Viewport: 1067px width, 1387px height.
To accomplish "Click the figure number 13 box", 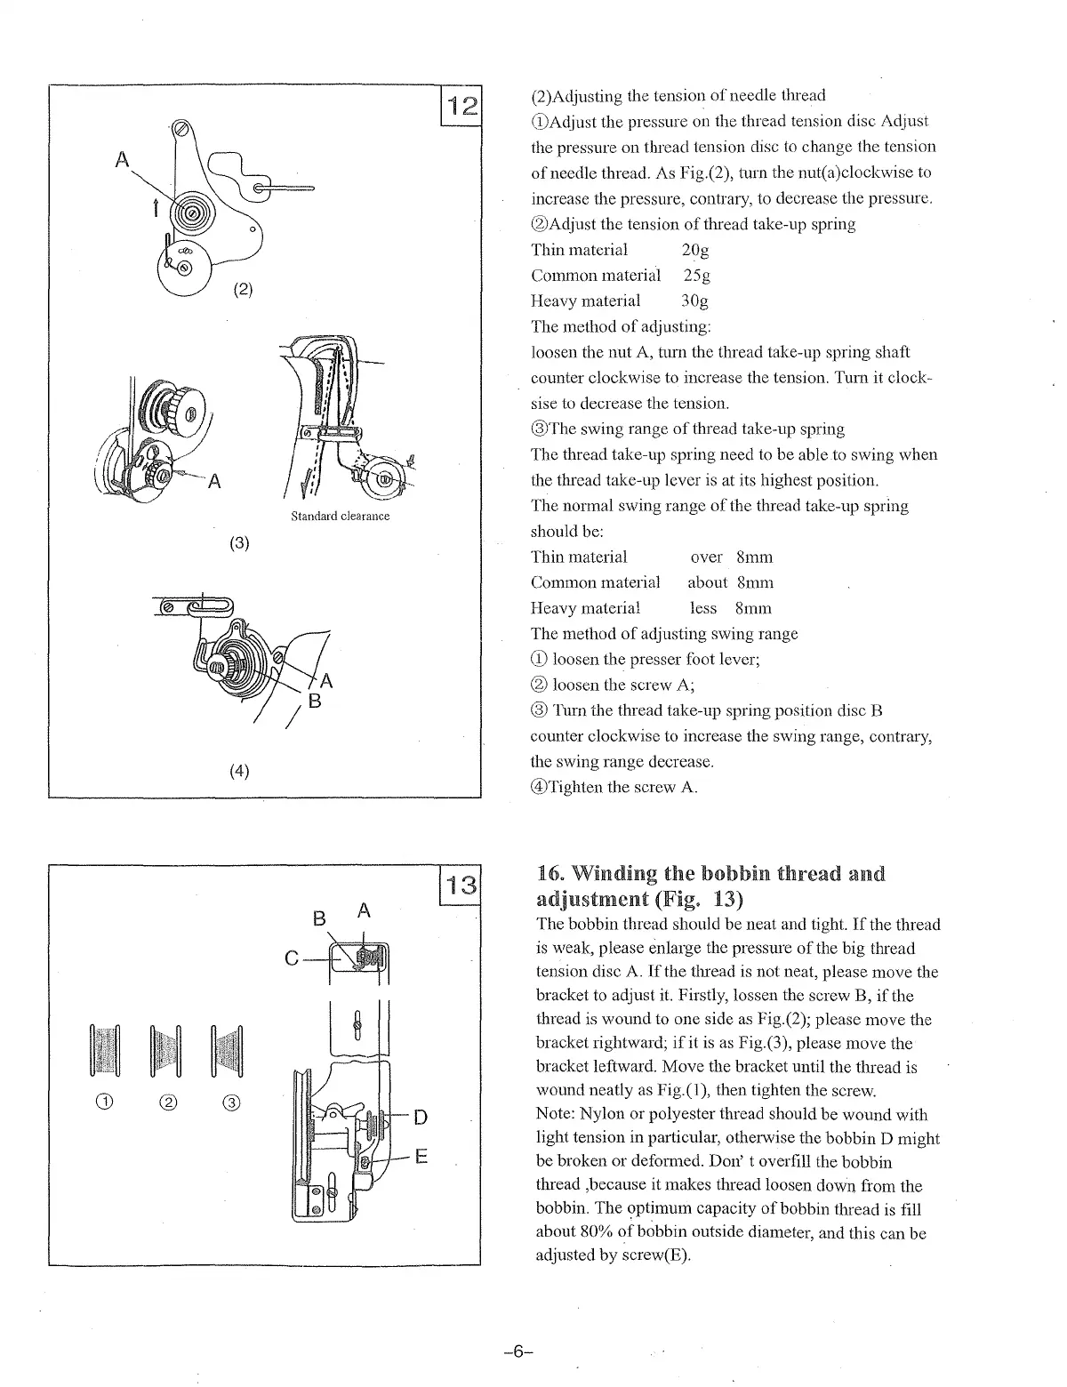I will click(x=461, y=886).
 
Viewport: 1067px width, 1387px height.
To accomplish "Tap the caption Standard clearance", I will click(x=340, y=517).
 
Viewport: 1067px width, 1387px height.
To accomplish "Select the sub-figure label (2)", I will click(x=244, y=289).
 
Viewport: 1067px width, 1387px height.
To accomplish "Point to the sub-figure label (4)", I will click(x=238, y=771).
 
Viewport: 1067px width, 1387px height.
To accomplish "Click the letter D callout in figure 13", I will click(x=421, y=1117).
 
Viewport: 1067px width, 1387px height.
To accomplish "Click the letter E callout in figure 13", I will click(x=421, y=1157).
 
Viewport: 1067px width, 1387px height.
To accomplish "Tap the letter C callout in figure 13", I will click(x=291, y=958).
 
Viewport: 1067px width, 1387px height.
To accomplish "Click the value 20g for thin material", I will click(x=694, y=250).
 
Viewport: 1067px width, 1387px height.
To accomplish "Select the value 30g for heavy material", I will click(x=694, y=301).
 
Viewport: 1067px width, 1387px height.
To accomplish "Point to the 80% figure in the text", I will click(x=613, y=1233).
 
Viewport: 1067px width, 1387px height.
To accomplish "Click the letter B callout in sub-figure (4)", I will click(x=312, y=701).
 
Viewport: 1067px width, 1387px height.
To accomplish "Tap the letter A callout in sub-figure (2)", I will click(x=123, y=160).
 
